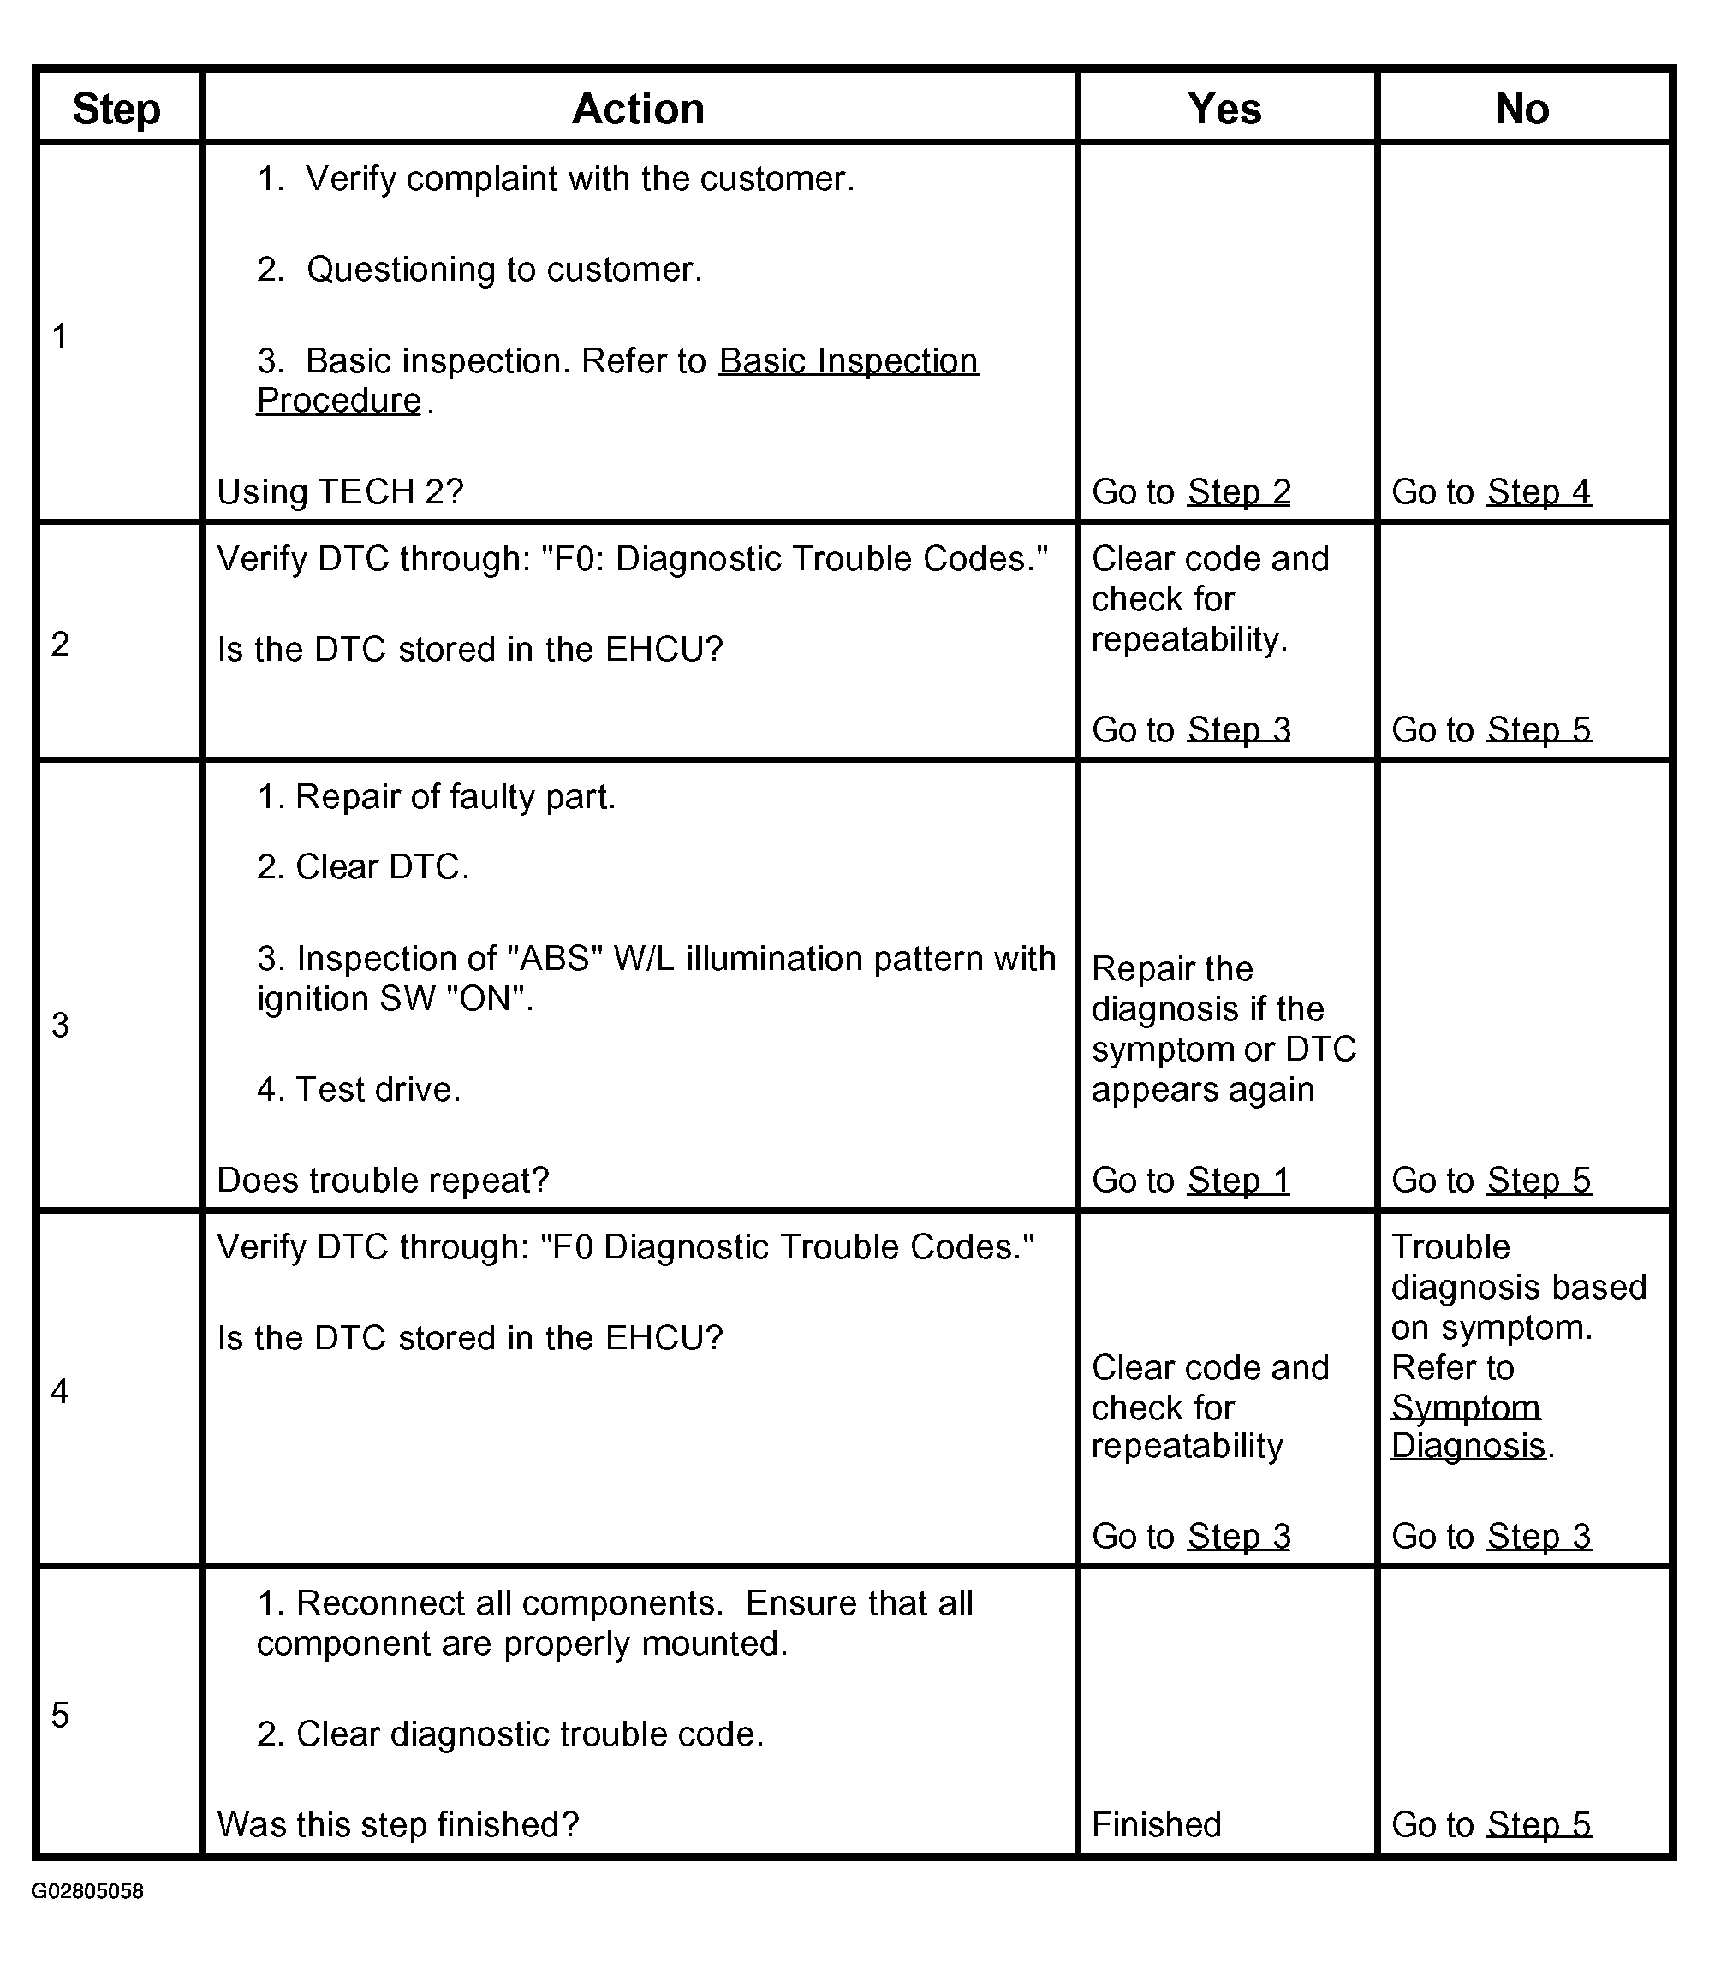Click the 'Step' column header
(116, 109)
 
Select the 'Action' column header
(638, 109)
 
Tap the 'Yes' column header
(1224, 109)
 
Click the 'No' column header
(1522, 109)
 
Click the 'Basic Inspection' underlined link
(848, 361)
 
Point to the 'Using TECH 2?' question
(341, 492)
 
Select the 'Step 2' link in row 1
(1239, 492)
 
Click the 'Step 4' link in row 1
(1539, 492)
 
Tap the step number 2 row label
(60, 645)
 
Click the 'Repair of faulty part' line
(437, 797)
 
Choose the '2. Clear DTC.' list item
(363, 866)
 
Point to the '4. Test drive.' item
(359, 1089)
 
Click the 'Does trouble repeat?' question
(384, 1181)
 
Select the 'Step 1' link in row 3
(1238, 1181)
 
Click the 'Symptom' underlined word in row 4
(1466, 1407)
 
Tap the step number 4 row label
(60, 1391)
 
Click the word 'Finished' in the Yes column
(1156, 1823)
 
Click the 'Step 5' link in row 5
(1539, 1823)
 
